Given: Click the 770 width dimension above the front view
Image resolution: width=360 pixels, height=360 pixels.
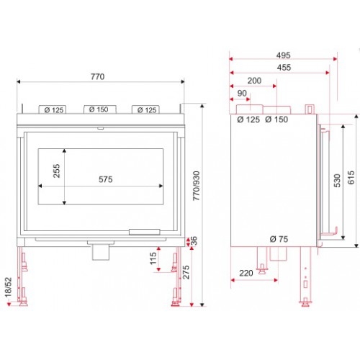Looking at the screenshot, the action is click(x=97, y=77).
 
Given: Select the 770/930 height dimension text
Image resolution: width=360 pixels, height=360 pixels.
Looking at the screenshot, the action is click(x=197, y=186).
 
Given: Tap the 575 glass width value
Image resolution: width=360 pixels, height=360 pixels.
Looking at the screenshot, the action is click(x=106, y=179).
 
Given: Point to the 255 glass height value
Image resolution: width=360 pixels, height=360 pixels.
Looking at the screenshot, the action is click(x=57, y=171).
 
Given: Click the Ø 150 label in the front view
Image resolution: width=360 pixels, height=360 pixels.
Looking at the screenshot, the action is click(x=99, y=109).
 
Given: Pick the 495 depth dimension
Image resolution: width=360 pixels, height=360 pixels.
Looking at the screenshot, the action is click(x=284, y=55).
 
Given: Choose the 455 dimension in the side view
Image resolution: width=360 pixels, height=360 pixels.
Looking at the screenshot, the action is click(x=284, y=68).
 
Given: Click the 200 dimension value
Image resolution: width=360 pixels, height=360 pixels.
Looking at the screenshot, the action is click(x=254, y=81).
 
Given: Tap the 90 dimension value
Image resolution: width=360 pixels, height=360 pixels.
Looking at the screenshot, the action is click(x=242, y=93).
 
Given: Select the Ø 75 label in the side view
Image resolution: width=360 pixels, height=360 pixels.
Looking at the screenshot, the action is click(x=279, y=239).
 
